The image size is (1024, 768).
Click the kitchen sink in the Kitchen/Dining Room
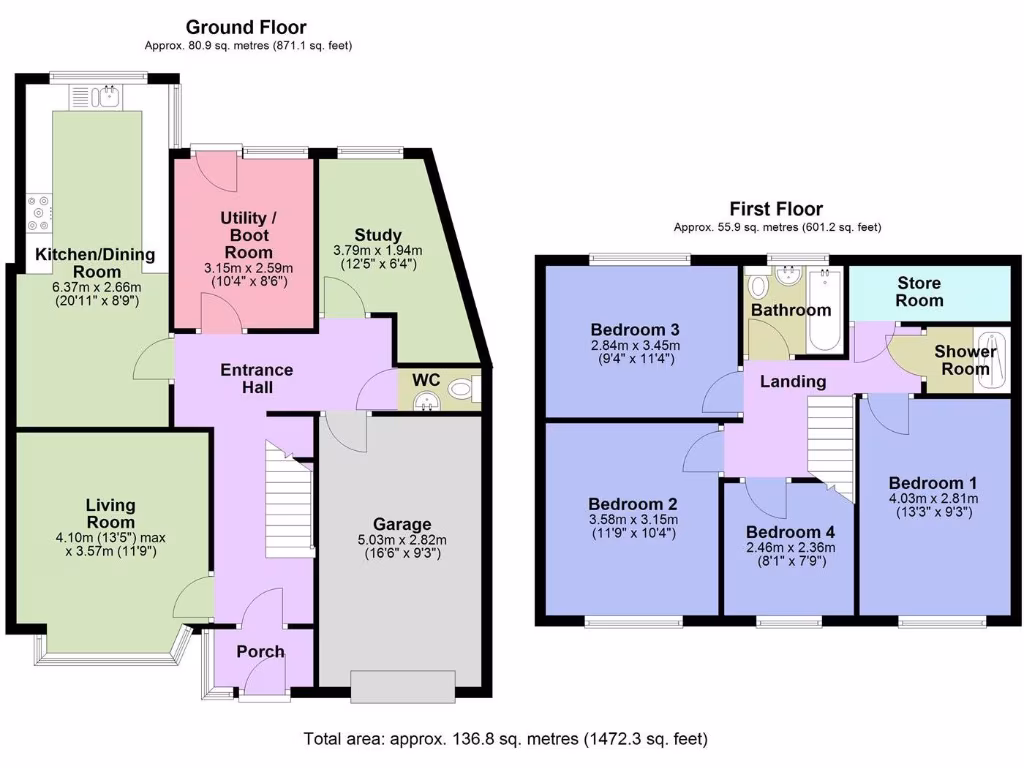[96, 97]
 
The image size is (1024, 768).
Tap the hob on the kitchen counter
[40, 211]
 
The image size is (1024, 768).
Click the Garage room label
[402, 524]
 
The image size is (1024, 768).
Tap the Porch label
[260, 652]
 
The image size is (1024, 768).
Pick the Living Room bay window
[110, 655]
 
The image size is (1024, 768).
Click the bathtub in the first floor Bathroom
[825, 311]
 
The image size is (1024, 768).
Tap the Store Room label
[919, 292]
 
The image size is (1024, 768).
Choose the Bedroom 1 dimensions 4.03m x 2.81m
[933, 498]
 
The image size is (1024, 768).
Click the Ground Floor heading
[246, 27]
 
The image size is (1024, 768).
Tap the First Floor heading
[776, 209]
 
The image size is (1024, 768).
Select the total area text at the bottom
[506, 740]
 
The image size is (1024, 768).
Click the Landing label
[793, 381]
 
